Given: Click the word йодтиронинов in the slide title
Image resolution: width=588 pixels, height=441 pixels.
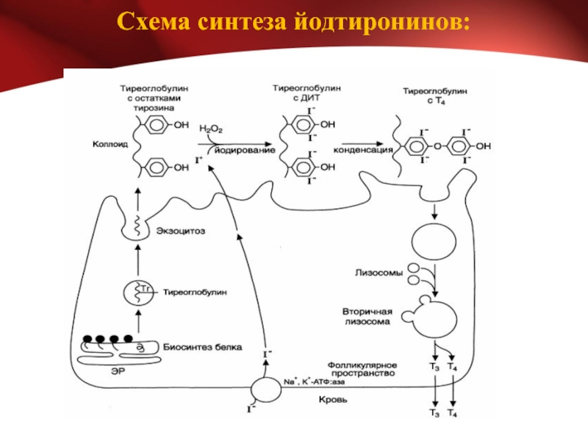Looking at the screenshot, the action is pyautogui.click(x=381, y=21).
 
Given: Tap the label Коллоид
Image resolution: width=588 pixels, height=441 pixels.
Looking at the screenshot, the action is pyautogui.click(x=110, y=144).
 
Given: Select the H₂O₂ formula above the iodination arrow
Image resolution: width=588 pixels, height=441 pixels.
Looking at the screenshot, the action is pyautogui.click(x=211, y=129).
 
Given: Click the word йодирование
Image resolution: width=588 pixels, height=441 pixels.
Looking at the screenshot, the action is pyautogui.click(x=245, y=151).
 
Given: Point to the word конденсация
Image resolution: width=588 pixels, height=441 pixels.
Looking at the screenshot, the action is pyautogui.click(x=362, y=150).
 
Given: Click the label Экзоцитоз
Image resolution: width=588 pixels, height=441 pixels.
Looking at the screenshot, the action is pyautogui.click(x=181, y=231).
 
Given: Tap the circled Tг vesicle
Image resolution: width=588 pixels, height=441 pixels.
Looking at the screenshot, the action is pyautogui.click(x=138, y=293).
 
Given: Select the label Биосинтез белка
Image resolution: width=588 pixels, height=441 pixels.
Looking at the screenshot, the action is pyautogui.click(x=203, y=347).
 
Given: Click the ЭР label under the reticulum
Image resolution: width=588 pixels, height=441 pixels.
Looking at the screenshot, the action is pyautogui.click(x=118, y=371).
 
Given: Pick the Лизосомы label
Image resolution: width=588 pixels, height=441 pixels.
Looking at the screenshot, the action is pyautogui.click(x=379, y=273).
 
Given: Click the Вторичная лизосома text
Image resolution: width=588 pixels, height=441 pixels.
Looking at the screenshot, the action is pyautogui.click(x=367, y=317).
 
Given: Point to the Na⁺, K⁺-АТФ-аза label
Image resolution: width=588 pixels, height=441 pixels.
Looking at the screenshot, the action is pyautogui.click(x=315, y=381).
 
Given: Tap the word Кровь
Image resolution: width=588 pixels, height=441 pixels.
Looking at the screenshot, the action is pyautogui.click(x=333, y=400).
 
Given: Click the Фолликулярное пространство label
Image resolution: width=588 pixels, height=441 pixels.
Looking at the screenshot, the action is pyautogui.click(x=362, y=369).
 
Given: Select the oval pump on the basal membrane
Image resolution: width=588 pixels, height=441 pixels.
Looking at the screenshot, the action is pyautogui.click(x=266, y=390).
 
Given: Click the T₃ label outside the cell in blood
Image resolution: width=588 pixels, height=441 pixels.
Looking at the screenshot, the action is pyautogui.click(x=434, y=413).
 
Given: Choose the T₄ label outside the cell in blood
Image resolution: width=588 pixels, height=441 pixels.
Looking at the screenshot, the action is pyautogui.click(x=452, y=413).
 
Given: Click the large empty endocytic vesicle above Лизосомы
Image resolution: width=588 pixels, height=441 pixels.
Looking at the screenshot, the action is pyautogui.click(x=434, y=242).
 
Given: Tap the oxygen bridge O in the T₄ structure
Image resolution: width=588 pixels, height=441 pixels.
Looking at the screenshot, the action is pyautogui.click(x=437, y=146).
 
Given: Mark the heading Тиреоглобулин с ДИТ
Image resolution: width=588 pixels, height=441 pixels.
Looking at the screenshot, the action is pyautogui.click(x=306, y=93).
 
